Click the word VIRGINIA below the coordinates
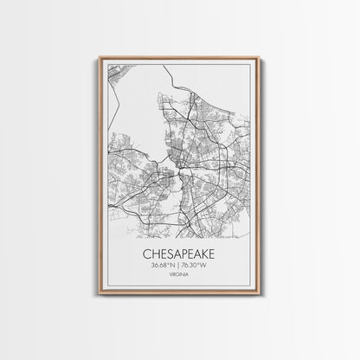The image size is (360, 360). [x=179, y=278]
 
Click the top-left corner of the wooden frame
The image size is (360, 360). [x=100, y=58]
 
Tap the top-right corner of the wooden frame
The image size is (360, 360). [x=259, y=58]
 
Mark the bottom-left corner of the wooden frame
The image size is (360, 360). [x=100, y=294]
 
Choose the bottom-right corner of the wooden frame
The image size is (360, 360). [x=259, y=294]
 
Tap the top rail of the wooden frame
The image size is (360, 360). [x=179, y=58]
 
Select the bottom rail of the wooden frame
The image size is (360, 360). [x=179, y=294]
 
